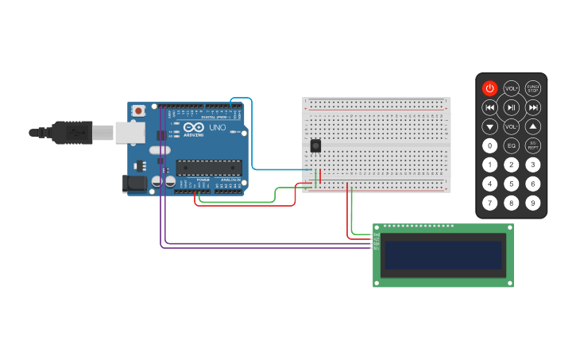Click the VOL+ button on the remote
coord(512,88)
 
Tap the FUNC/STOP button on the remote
coord(533,88)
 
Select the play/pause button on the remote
coord(512,107)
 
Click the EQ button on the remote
coord(512,145)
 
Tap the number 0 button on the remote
coord(490,145)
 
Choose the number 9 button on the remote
coord(533,203)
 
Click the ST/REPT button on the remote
coord(533,145)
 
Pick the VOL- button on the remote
coord(512,126)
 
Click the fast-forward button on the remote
coord(533,107)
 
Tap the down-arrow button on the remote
coord(490,126)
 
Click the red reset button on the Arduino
coord(138,110)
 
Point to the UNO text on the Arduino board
coord(217,127)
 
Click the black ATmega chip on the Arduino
coord(209,167)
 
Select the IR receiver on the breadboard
coord(315,146)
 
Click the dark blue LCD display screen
coord(443,255)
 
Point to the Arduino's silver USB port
coord(129,133)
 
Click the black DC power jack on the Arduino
coord(135,184)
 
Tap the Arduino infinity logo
coord(193,127)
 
